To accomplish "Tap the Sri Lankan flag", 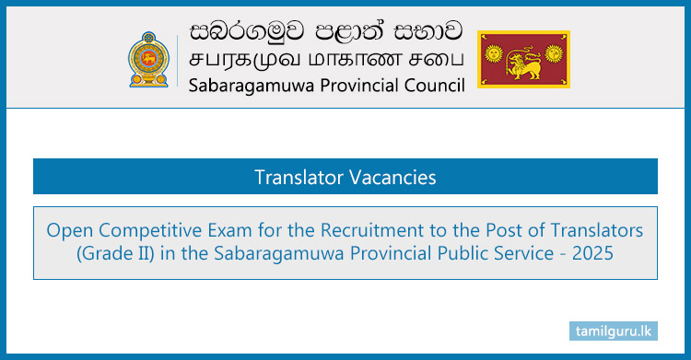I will pyautogui.click(x=523, y=60).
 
